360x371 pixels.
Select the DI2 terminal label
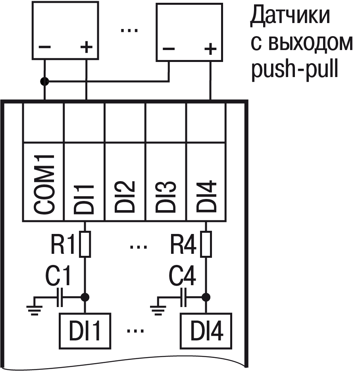(125, 196)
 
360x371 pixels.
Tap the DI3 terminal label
(166, 196)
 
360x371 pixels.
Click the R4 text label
(183, 246)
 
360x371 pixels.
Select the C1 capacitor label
(58, 276)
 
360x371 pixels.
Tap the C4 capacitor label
(183, 276)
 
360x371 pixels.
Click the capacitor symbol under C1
(60, 297)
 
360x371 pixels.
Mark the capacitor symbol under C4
(184, 297)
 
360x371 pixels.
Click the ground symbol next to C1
(35, 306)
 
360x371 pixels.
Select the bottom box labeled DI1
(85, 330)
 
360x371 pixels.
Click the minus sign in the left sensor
(44, 47)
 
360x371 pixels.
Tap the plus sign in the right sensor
(210, 49)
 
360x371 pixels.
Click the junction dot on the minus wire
(44, 82)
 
